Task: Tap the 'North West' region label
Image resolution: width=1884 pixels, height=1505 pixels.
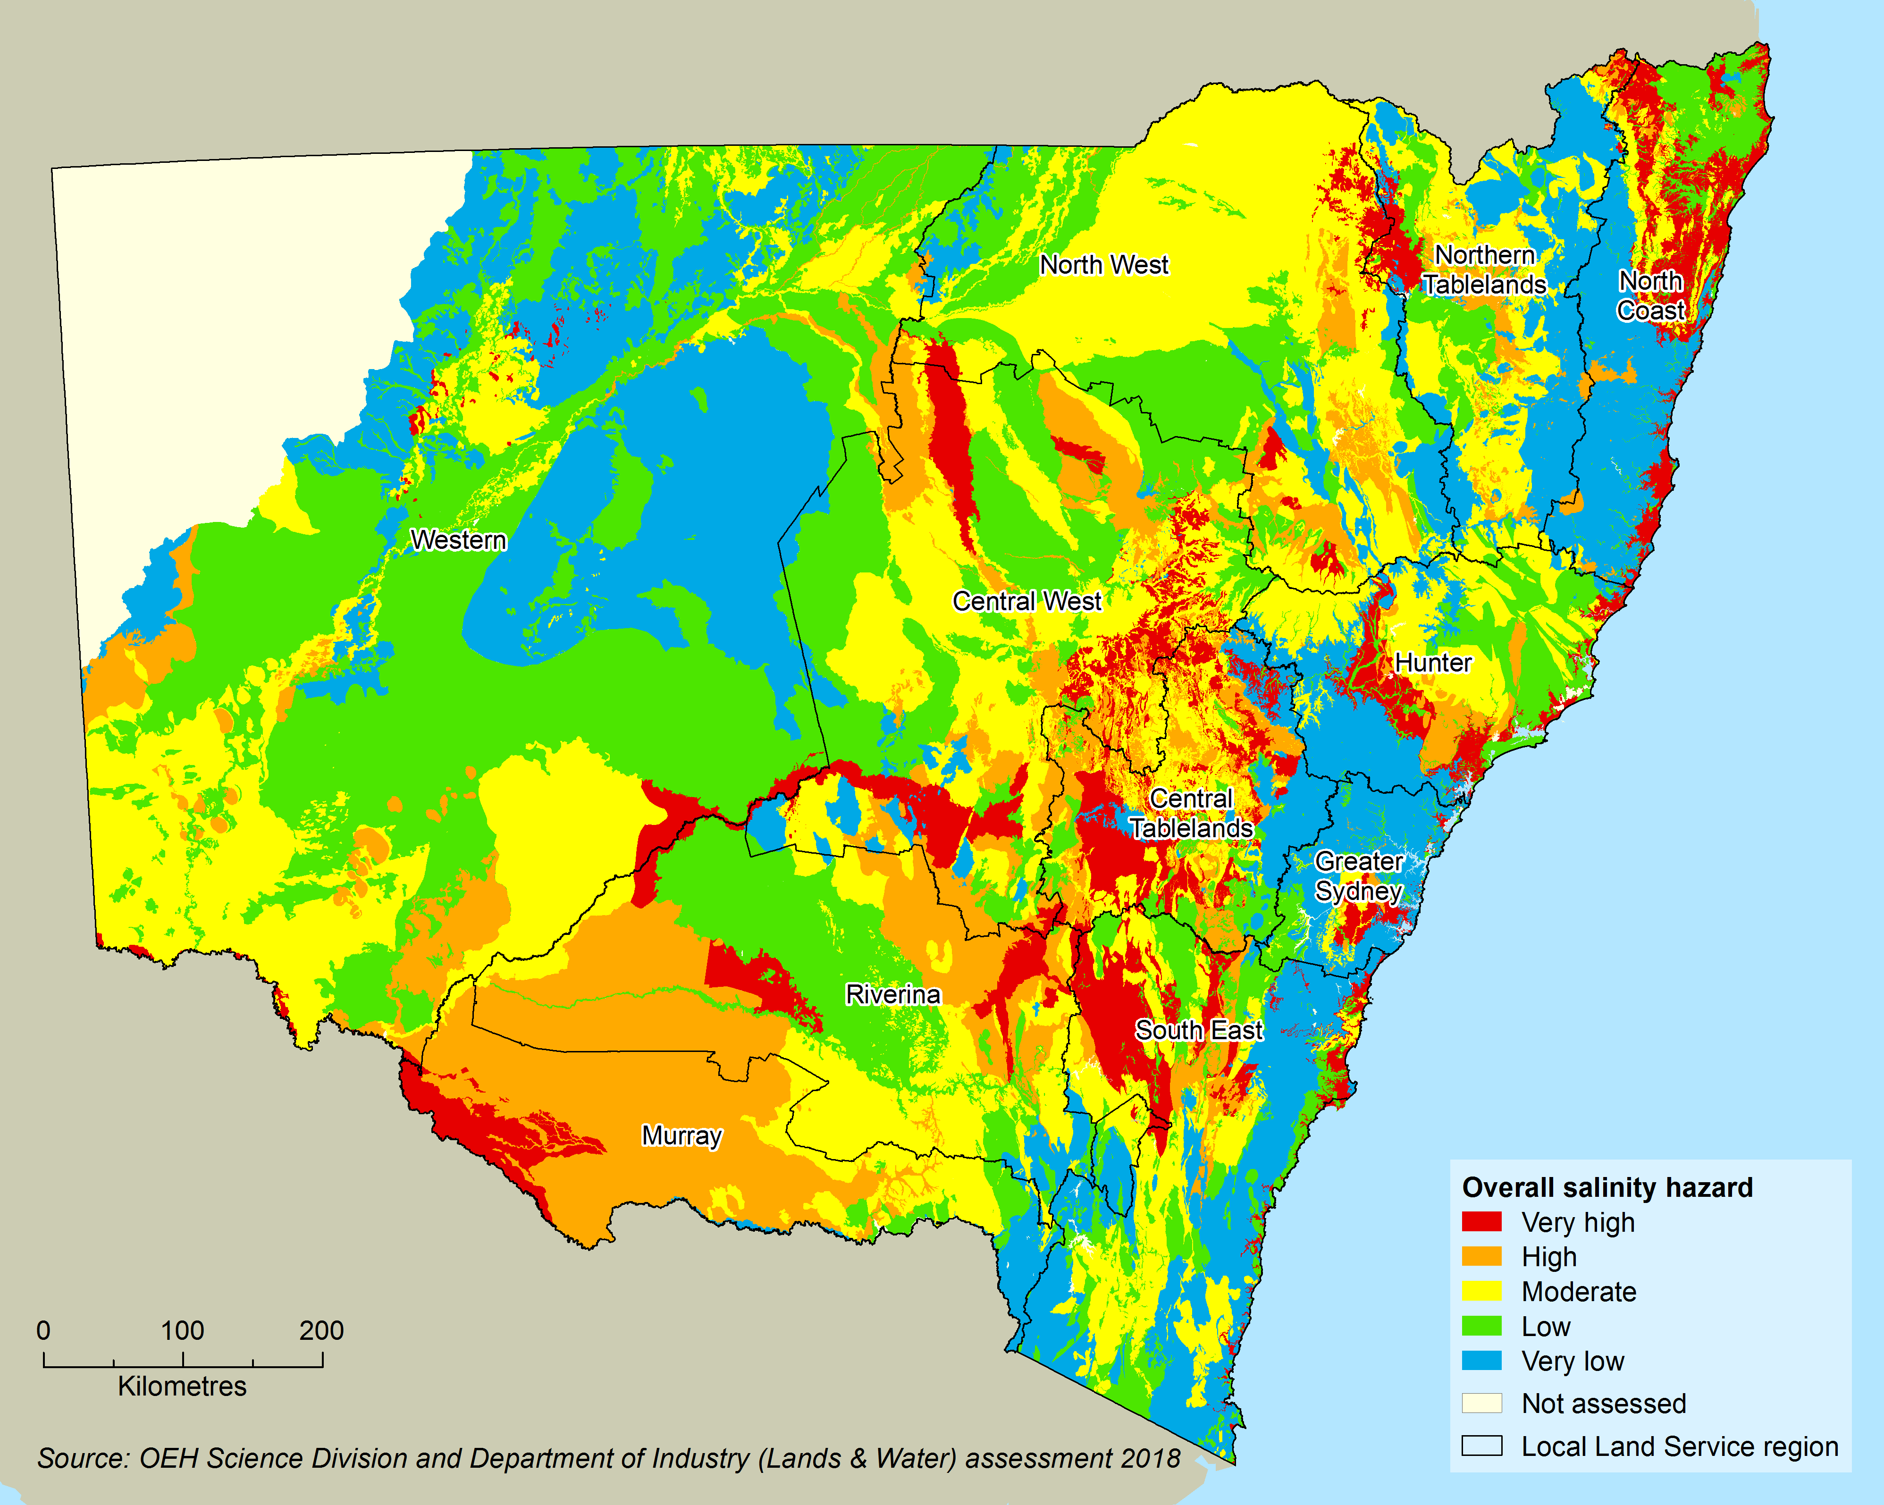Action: coord(1104,265)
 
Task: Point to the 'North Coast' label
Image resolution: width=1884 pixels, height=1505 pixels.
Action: coord(1651,295)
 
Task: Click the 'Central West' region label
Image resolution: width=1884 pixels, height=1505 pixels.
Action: coord(1027,601)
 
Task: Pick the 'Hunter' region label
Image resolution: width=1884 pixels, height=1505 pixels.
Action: coord(1433,663)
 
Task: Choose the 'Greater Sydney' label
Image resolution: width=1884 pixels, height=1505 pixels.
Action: coord(1359,876)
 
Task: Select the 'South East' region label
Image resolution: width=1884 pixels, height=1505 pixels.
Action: coord(1199,1030)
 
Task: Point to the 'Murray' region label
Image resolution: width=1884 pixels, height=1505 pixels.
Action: coord(681,1135)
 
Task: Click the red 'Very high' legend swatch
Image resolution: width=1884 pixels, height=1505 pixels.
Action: coord(1482,1222)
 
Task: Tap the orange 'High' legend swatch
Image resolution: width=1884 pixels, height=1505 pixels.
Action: coord(1482,1257)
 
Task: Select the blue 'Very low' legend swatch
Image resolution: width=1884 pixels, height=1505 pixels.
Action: coord(1482,1361)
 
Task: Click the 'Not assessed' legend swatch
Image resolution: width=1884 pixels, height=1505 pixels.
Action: coord(1482,1404)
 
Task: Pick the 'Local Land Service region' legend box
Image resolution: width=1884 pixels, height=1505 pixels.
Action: coord(1482,1446)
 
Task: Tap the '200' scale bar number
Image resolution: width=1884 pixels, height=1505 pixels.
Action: coord(321,1330)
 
